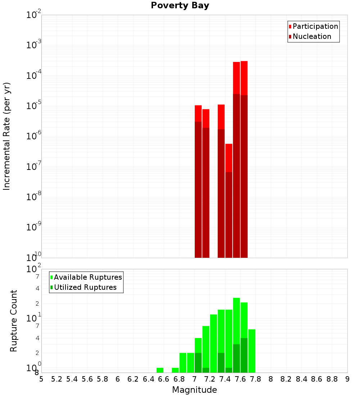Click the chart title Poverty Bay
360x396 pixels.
point(180,6)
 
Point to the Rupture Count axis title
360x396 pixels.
point(14,321)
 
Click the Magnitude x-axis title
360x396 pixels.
point(194,390)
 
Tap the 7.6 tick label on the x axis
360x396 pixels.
point(240,379)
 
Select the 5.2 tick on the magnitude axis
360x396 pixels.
point(57,379)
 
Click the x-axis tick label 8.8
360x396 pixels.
point(332,379)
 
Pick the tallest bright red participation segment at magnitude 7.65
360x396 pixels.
point(244,78)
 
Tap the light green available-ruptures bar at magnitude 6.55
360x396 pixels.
point(160,370)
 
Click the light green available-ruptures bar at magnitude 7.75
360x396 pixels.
point(252,351)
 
